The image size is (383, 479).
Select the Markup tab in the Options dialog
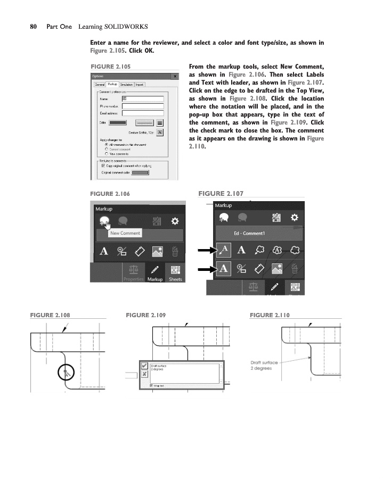pos(112,84)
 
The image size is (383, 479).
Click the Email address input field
pos(143,113)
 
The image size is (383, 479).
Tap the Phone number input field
pos(143,106)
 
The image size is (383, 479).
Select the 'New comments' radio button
pos(107,153)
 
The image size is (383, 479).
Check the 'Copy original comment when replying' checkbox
pos(104,166)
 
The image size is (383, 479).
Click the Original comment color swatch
pos(140,172)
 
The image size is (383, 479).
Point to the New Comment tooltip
pos(125,233)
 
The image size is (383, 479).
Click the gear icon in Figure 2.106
pos(174,221)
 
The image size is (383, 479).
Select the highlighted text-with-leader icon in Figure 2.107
pos(224,250)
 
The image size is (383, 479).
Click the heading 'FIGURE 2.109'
pos(145,315)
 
